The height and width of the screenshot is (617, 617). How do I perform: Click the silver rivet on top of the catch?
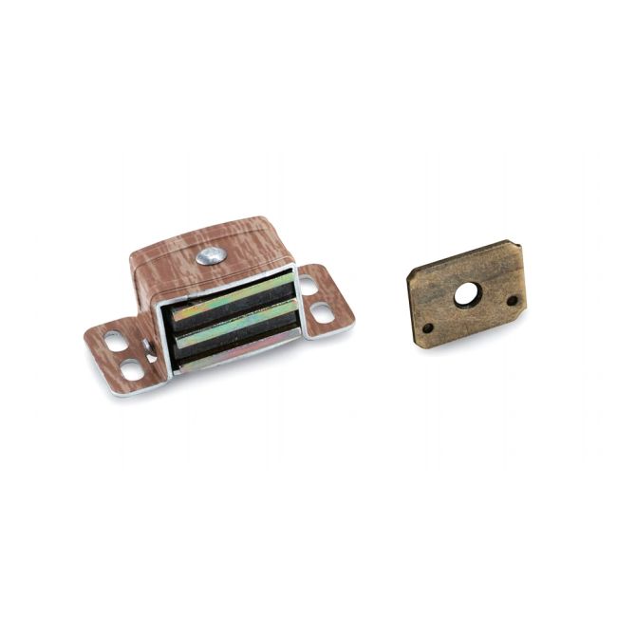pyautogui.click(x=211, y=255)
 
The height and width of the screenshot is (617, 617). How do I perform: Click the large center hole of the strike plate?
pyautogui.click(x=465, y=294)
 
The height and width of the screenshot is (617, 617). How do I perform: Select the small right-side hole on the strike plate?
pyautogui.click(x=513, y=300)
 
